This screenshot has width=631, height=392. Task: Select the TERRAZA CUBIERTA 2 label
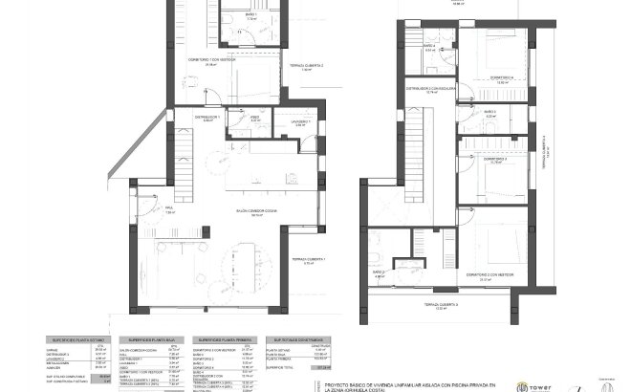click(308, 67)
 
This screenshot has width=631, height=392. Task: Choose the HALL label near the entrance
click(168, 211)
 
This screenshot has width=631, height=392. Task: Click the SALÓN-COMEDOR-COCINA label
click(257, 213)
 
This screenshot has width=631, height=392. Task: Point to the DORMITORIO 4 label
click(503, 78)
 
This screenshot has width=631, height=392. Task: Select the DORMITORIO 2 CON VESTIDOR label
click(490, 275)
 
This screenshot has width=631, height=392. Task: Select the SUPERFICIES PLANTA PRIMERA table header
click(224, 339)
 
